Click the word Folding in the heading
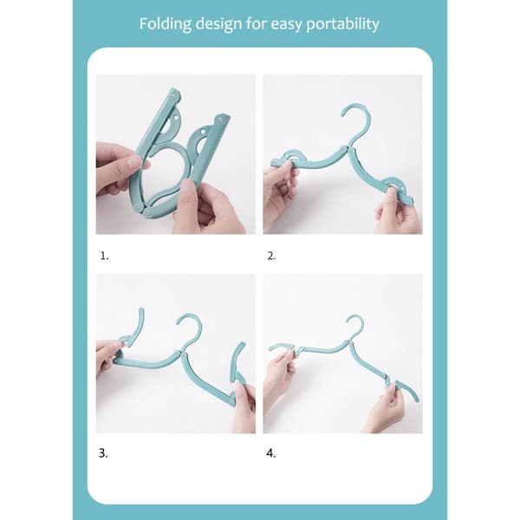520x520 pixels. click(166, 24)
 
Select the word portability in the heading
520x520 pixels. click(342, 24)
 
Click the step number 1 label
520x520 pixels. click(105, 256)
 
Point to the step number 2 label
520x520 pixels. click(271, 256)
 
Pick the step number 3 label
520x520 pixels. click(103, 453)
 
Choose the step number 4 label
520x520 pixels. click(271, 453)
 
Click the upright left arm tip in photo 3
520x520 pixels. click(141, 310)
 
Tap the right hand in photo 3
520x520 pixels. click(244, 404)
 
